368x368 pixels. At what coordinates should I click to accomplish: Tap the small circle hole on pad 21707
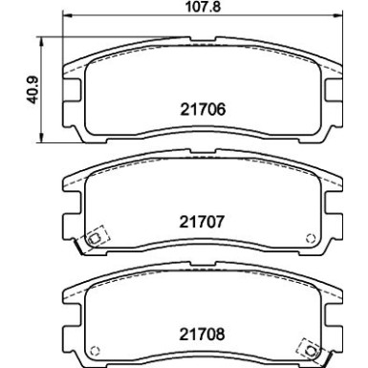click(x=309, y=238)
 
